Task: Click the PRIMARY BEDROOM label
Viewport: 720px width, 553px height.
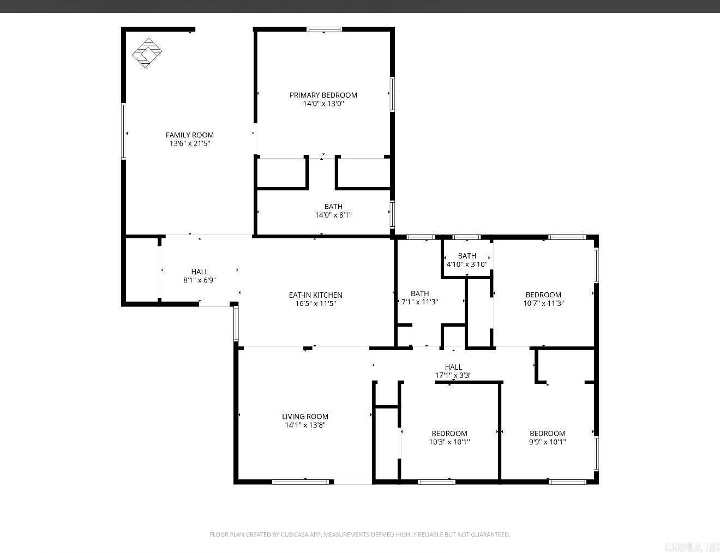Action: [x=323, y=95]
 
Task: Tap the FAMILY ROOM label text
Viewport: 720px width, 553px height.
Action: [x=190, y=135]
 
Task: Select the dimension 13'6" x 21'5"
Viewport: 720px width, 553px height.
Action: [x=190, y=143]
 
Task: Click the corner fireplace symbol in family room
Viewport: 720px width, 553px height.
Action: [x=147, y=53]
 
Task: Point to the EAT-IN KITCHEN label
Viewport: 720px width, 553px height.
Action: [x=315, y=295]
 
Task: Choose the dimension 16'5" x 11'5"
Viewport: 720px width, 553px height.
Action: [x=315, y=304]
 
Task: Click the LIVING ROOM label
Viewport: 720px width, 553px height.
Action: [x=305, y=417]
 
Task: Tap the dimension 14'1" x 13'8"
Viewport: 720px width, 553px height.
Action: [x=305, y=425]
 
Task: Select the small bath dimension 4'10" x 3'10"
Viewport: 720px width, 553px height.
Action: [x=467, y=265]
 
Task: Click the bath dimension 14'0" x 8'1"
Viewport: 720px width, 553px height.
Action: [x=333, y=215]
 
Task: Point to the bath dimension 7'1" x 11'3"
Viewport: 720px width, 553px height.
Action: [x=420, y=302]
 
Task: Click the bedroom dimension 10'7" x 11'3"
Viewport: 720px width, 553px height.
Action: [x=543, y=303]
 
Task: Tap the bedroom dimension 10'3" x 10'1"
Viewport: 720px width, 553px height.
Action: [x=449, y=442]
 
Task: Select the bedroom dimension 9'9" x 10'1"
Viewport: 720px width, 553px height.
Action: [x=547, y=442]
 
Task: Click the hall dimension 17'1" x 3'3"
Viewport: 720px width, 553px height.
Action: [x=453, y=375]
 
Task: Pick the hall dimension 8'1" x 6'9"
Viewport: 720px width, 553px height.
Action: [x=200, y=280]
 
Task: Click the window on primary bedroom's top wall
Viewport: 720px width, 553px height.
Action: [x=324, y=29]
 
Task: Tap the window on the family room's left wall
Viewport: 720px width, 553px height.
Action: [x=124, y=131]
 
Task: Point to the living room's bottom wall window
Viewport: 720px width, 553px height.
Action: [x=302, y=482]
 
